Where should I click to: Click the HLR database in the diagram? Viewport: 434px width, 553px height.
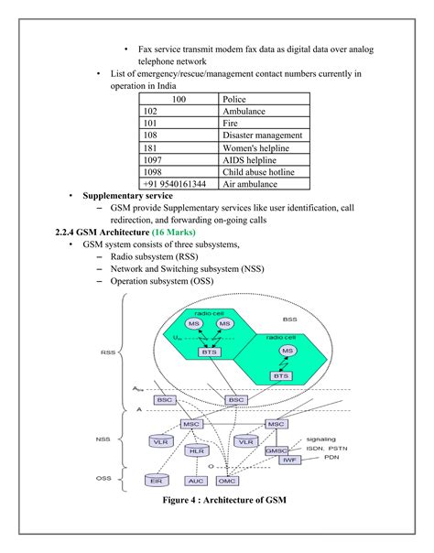click(x=195, y=451)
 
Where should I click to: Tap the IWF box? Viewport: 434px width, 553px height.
click(x=291, y=459)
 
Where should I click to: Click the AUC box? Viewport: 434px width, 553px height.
click(x=195, y=480)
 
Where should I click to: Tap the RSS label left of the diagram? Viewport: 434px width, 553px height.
click(x=108, y=352)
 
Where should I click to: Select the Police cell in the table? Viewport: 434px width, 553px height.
click(x=259, y=98)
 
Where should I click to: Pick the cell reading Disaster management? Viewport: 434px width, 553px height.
click(x=259, y=135)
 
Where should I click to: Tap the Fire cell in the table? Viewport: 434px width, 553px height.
click(x=259, y=123)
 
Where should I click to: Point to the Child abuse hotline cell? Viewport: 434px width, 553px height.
click(x=259, y=171)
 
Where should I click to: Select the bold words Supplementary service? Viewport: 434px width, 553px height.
click(x=127, y=196)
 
